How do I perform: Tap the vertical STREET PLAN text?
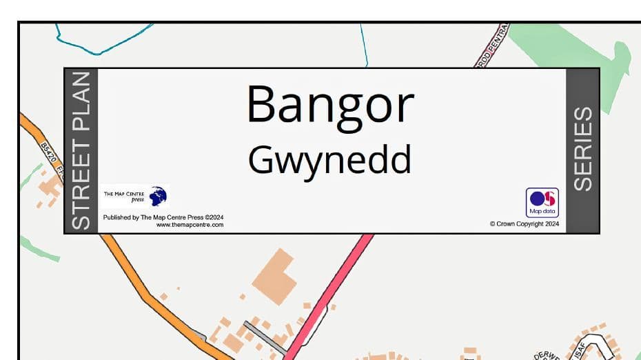click(x=81, y=150)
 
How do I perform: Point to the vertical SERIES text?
click(x=583, y=149)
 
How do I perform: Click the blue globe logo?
click(x=158, y=196)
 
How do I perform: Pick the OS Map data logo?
click(x=542, y=202)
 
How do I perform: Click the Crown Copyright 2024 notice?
click(x=524, y=223)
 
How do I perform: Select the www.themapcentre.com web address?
click(x=190, y=225)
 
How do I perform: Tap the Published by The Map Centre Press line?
click(x=163, y=217)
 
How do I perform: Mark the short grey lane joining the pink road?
click(x=265, y=337)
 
